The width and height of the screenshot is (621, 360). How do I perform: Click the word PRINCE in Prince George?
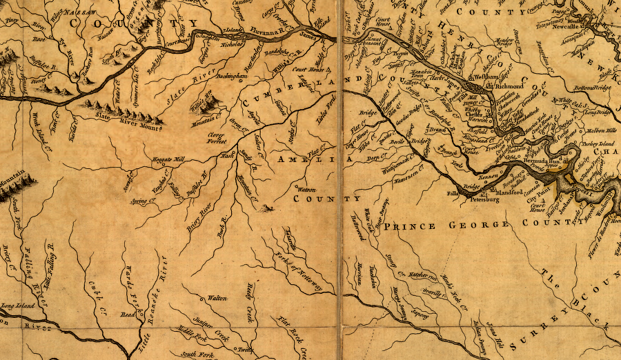click(413, 226)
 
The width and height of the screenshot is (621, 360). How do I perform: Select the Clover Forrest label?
click(217, 138)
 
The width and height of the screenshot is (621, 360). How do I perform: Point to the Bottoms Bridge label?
click(593, 88)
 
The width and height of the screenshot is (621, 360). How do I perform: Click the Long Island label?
click(17, 305)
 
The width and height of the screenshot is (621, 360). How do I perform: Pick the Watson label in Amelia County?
click(306, 188)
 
